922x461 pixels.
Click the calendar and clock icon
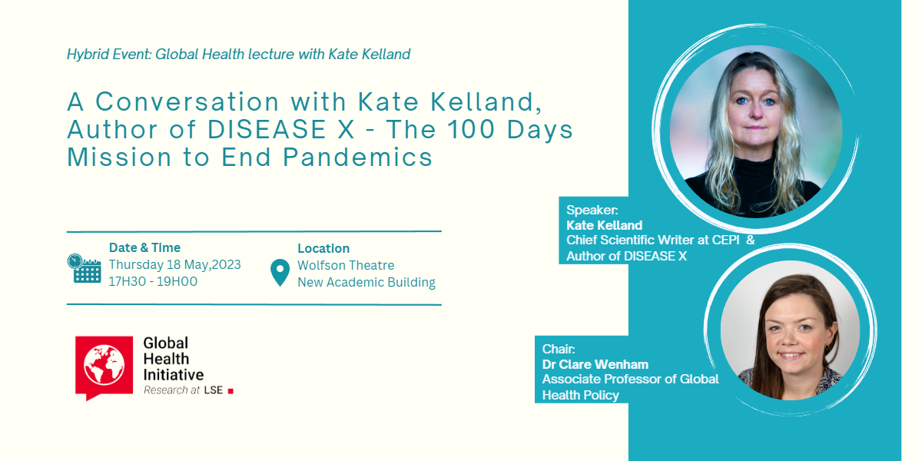click(x=85, y=268)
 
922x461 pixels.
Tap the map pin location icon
click(x=280, y=273)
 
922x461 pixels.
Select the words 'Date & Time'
click(x=144, y=247)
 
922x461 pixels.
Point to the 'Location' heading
click(x=323, y=248)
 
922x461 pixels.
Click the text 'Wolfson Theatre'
click(x=346, y=265)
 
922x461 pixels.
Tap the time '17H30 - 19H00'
click(x=153, y=281)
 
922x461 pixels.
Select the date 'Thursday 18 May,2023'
click(x=174, y=264)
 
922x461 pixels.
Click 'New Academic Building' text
click(x=366, y=283)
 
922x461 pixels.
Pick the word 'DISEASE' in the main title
click(x=267, y=129)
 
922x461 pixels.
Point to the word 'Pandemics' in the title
click(x=357, y=157)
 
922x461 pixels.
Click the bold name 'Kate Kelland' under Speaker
click(x=604, y=225)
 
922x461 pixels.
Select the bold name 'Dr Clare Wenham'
click(x=595, y=364)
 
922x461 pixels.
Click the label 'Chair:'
click(x=559, y=349)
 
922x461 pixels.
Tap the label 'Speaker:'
click(x=592, y=210)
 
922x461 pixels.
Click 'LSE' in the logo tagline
click(x=214, y=390)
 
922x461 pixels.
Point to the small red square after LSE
click(x=230, y=391)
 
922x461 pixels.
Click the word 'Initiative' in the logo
click(x=174, y=375)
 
